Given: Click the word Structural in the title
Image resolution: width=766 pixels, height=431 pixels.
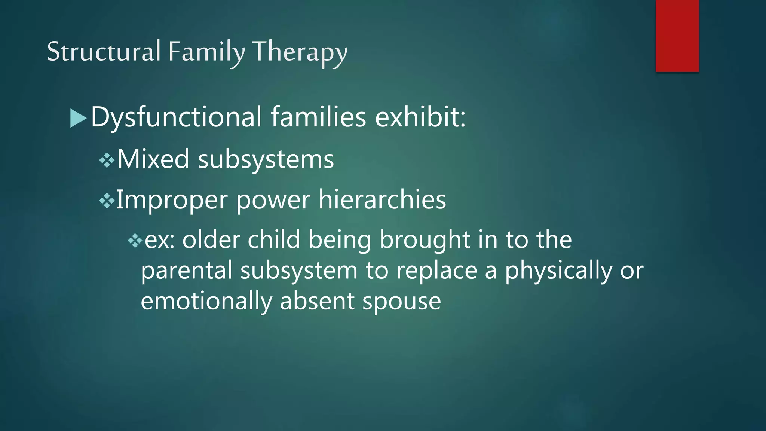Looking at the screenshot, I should click(104, 51).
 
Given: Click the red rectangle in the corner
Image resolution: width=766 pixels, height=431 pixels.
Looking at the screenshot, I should click(677, 36).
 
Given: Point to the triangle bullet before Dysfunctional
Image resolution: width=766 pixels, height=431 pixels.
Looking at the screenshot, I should click(78, 118).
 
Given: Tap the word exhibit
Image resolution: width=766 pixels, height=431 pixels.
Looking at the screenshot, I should click(420, 117).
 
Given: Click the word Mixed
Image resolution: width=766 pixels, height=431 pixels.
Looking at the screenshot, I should click(153, 159).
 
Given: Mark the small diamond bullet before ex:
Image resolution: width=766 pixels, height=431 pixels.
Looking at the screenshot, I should click(135, 241).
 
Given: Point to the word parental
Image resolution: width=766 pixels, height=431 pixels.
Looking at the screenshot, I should click(186, 271).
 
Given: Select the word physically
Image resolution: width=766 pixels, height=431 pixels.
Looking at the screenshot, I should click(558, 271).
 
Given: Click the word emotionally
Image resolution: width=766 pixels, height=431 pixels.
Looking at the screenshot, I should click(206, 302).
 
